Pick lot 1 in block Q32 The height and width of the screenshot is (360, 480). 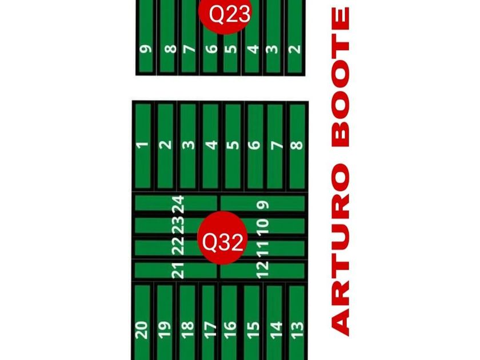[143, 146]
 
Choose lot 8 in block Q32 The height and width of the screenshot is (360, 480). [296, 146]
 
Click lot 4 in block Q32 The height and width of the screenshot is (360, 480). [211, 146]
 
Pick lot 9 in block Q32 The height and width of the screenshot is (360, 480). [263, 203]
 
